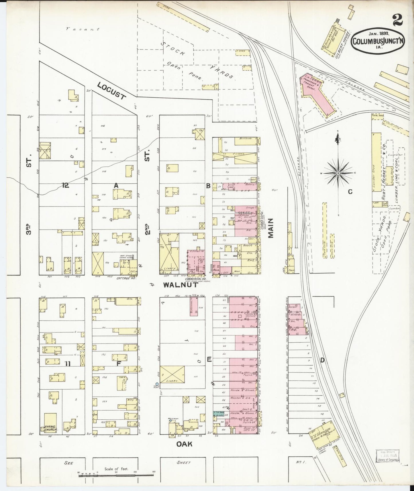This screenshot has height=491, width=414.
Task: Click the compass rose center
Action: tap(338, 173)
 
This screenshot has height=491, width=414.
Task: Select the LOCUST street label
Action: tap(111, 91)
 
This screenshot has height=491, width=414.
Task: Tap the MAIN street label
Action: tap(271, 228)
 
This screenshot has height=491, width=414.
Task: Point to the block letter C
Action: tap(350, 192)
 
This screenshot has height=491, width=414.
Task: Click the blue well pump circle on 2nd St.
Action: tap(157, 384)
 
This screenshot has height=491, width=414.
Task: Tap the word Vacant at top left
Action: tap(83, 29)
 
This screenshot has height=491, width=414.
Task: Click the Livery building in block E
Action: tap(172, 374)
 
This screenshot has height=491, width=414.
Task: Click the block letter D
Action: tap(322, 360)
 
